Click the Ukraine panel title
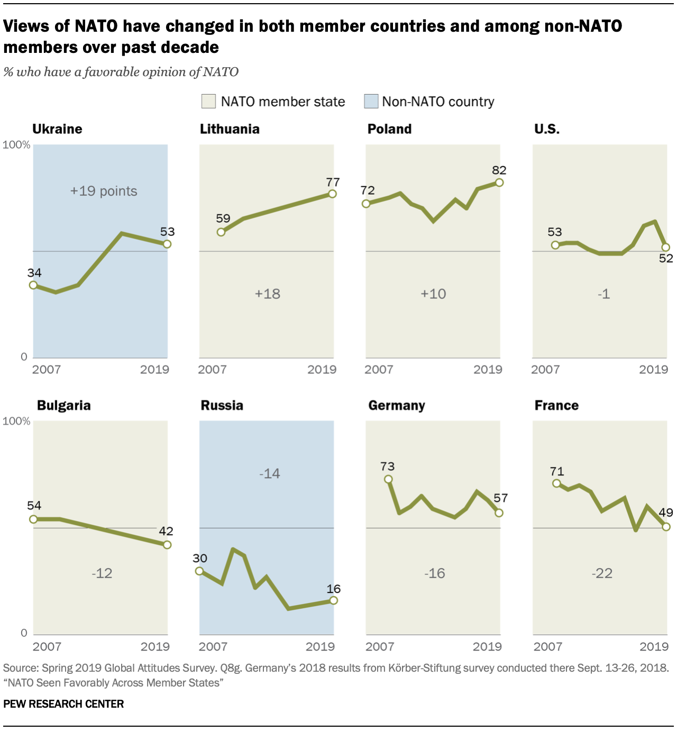pos(57,129)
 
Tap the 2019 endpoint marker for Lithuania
pos(332,194)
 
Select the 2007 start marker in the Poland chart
pos(366,204)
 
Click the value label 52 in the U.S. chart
pos(666,259)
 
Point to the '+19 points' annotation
pos(104,191)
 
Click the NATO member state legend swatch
pos(208,102)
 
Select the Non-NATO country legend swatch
pos(371,102)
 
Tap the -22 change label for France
pos(602,573)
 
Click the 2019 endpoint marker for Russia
pos(333,600)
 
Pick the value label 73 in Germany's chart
pos(387,466)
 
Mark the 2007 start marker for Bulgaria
pos(33,519)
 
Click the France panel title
pos(556,406)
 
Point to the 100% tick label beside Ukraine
pos(16,145)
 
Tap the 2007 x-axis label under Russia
pos(213,646)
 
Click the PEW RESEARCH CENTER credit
pos(63,704)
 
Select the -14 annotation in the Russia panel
pos(270,473)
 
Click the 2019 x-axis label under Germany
pos(487,646)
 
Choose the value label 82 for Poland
pos(499,170)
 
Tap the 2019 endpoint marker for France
pos(666,527)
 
